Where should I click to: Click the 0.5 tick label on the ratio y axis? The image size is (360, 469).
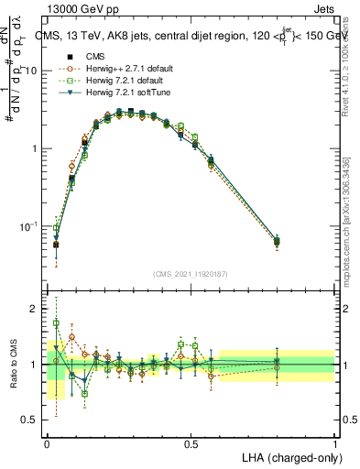click(30, 420)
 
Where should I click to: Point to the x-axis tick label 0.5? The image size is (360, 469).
click(191, 443)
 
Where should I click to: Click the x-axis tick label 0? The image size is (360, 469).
click(47, 443)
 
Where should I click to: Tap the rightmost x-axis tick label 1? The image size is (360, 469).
click(334, 443)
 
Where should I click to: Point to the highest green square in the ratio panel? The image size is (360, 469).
click(56, 323)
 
